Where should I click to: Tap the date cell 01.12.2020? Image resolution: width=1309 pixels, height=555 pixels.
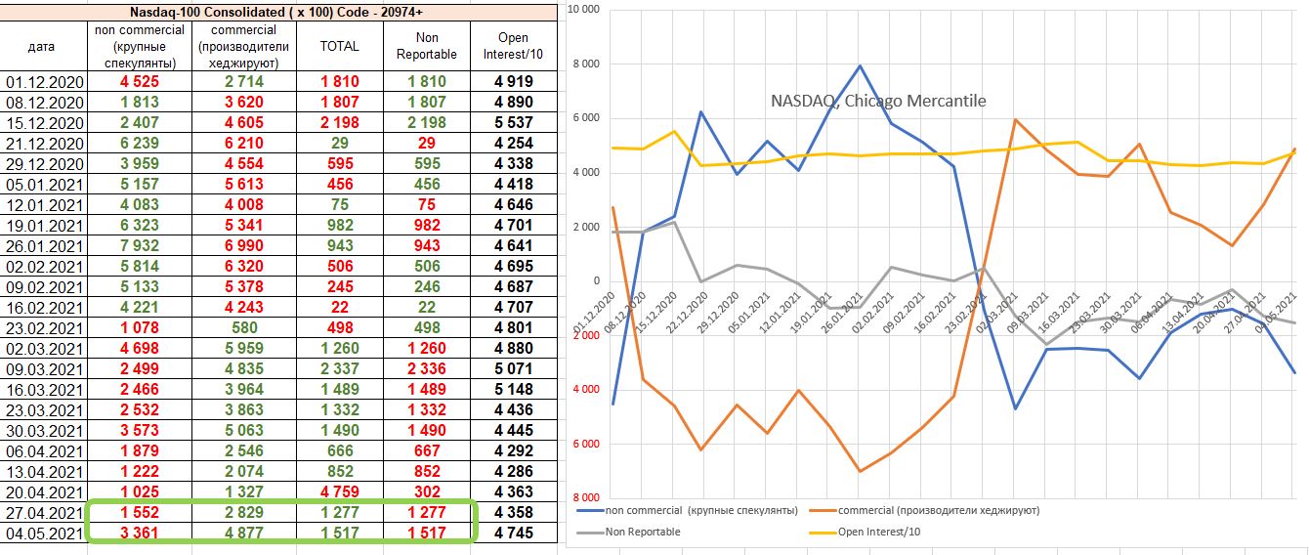(x=46, y=82)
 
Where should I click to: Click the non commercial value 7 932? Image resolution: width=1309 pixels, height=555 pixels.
(x=133, y=246)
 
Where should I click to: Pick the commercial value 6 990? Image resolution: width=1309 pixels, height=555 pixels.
(x=237, y=246)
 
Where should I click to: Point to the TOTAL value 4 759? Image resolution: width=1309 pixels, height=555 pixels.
(x=338, y=492)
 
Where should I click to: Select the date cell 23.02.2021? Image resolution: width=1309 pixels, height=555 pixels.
(x=46, y=328)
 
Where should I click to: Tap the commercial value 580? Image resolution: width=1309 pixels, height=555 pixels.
(x=237, y=328)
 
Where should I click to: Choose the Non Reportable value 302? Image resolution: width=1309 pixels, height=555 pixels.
(x=426, y=492)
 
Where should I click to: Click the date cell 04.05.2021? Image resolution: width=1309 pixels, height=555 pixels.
(x=46, y=534)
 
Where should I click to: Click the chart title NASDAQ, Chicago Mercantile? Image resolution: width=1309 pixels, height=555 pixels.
(x=878, y=101)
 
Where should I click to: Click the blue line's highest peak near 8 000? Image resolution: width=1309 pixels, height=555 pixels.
(x=859, y=65)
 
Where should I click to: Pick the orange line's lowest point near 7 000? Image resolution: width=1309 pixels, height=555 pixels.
(x=859, y=471)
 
